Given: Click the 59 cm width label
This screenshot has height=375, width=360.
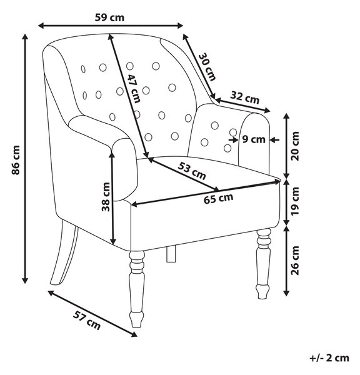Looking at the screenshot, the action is (x=109, y=17).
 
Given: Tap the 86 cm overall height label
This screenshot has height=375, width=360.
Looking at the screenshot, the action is (x=16, y=160).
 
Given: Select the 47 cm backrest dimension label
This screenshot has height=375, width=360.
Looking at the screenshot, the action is (x=134, y=89).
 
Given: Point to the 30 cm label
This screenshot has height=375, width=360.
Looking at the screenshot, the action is (x=207, y=67).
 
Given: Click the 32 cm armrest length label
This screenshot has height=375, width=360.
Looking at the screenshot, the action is (x=245, y=97).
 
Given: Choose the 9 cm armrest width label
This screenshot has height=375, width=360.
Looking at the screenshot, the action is (x=254, y=139).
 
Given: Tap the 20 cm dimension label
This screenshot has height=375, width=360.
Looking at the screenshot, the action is (x=296, y=146).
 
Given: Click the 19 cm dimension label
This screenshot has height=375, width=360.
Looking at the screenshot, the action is (x=296, y=201).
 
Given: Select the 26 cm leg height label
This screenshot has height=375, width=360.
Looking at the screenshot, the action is (x=296, y=261).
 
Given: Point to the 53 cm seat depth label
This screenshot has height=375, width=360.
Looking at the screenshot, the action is (x=192, y=171).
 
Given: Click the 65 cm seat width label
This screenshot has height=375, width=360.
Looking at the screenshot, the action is (x=218, y=199).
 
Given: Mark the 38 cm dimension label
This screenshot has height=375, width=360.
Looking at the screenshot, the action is (x=106, y=197).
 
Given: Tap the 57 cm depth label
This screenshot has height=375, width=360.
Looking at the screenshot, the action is (x=87, y=320).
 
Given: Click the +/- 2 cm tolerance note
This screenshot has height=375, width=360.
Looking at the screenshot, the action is (x=329, y=358).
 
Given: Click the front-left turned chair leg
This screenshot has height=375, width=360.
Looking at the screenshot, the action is (x=137, y=289).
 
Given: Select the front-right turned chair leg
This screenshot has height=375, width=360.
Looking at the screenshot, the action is (x=263, y=263).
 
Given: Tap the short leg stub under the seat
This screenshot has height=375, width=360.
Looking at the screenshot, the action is (x=171, y=254).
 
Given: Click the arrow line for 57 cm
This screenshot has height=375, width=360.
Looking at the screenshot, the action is (x=92, y=314).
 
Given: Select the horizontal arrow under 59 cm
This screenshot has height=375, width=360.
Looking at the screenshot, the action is (x=111, y=26).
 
